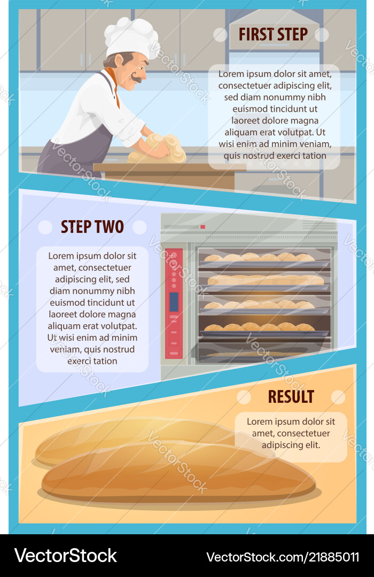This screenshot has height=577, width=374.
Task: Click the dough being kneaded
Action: [x=158, y=149]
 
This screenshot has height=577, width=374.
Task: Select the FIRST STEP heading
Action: [x=273, y=34]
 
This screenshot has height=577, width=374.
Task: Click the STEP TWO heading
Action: [x=92, y=227]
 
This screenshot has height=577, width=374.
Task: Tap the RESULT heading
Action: [x=291, y=396]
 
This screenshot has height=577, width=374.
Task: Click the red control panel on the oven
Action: [x=174, y=303]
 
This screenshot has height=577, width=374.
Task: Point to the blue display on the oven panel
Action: [x=174, y=302]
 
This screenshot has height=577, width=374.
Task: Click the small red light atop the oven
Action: [x=202, y=227]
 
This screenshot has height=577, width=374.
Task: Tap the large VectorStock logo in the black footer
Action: [x=66, y=556]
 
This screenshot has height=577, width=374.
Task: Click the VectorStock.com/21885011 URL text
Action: [x=283, y=557]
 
